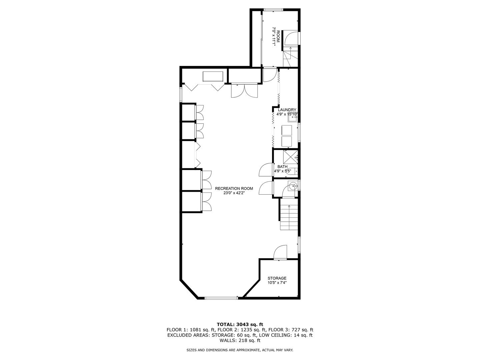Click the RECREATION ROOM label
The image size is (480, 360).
click(234, 188)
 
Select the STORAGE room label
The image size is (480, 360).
click(277, 278)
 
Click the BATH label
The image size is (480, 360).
click(282, 167)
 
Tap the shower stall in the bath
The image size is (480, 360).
click(290, 156)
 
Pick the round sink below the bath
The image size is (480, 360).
click(292, 187)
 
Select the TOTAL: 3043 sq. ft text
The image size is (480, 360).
click(240, 324)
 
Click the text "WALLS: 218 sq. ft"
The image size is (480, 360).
click(240, 340)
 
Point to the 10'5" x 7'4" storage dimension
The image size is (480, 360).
click(277, 283)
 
